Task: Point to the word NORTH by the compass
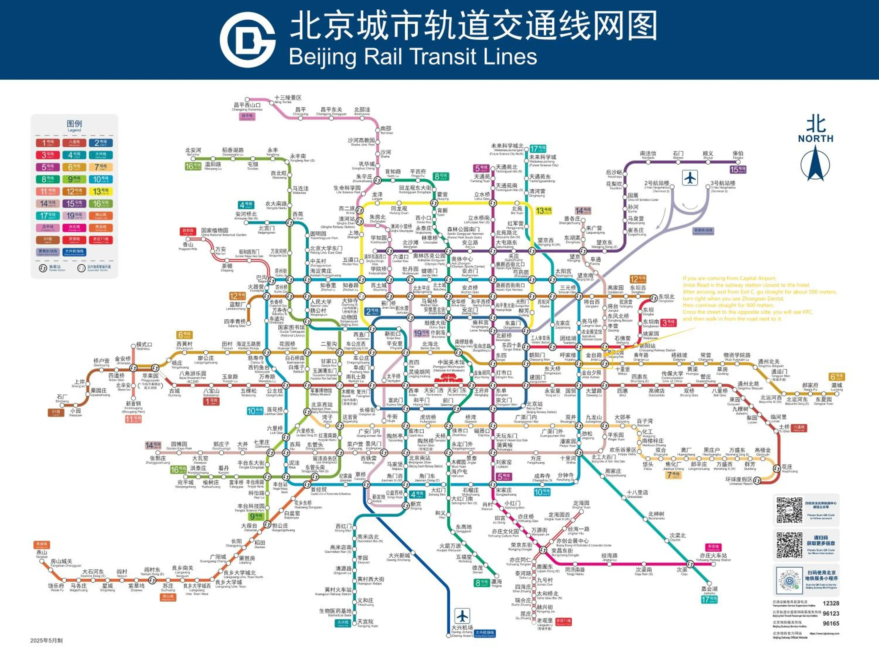[815, 139]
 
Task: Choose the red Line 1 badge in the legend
[48, 143]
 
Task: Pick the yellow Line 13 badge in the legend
[100, 192]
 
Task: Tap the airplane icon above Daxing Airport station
[462, 616]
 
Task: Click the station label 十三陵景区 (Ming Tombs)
[288, 98]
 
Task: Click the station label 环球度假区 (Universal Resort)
[738, 479]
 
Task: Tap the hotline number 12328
[831, 603]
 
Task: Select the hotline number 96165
[831, 623]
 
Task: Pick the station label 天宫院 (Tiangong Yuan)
[365, 622]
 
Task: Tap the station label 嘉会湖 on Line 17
[709, 589]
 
